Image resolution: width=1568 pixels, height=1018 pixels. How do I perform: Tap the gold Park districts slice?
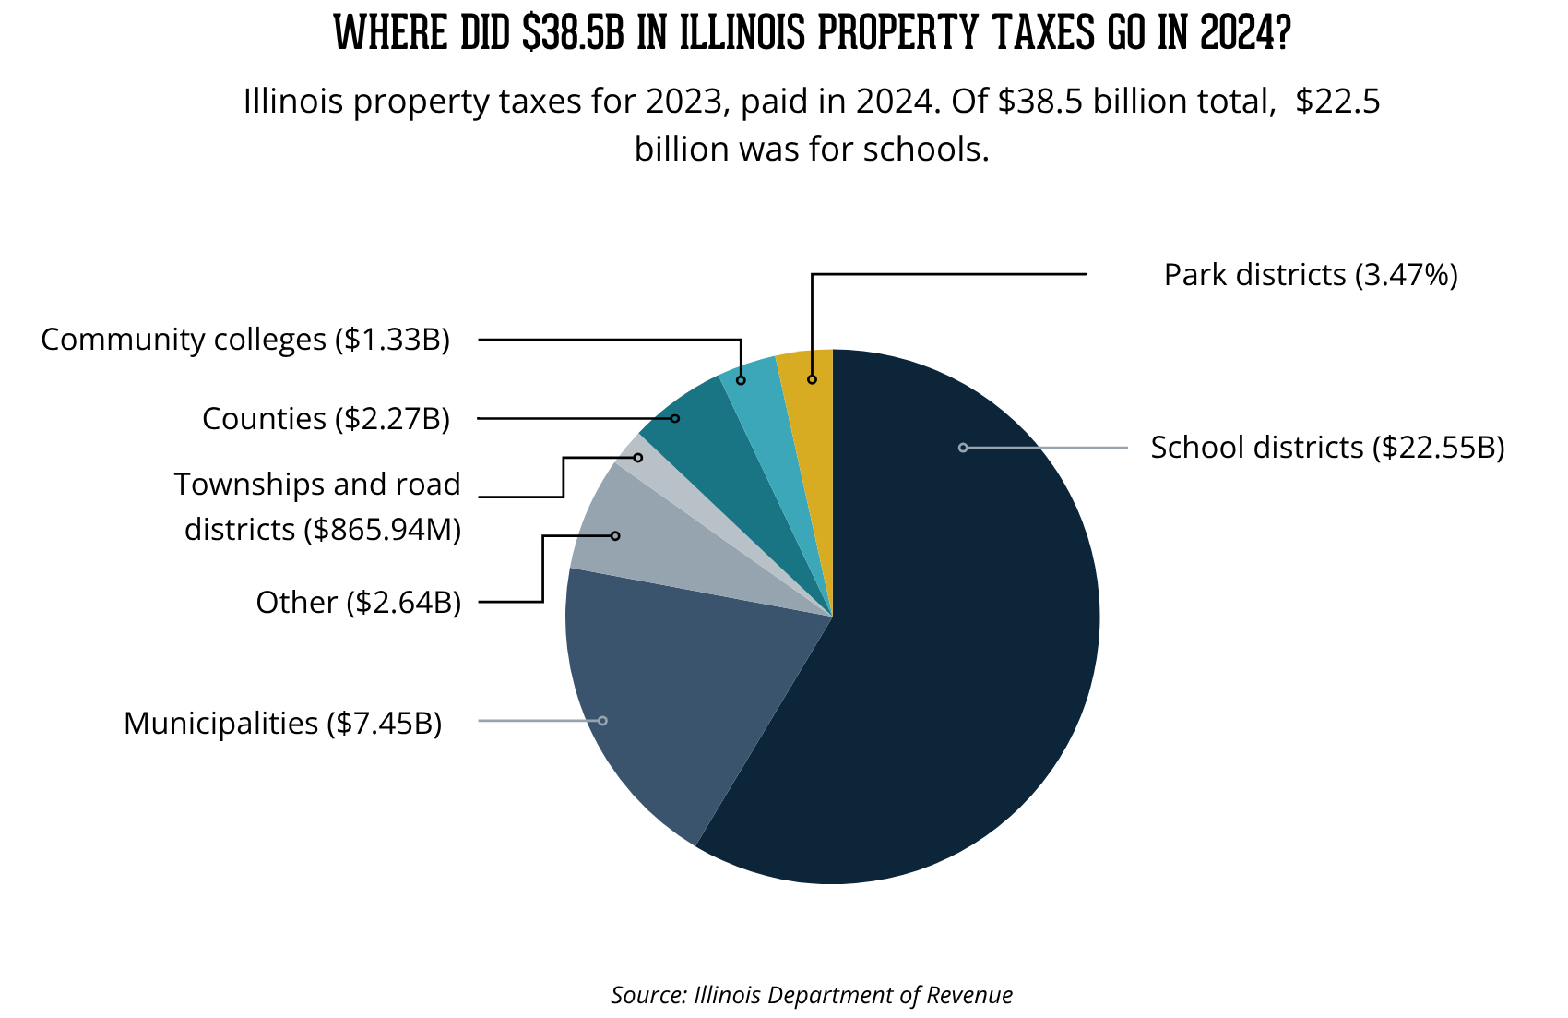808,406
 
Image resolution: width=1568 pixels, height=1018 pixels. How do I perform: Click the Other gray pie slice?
627,545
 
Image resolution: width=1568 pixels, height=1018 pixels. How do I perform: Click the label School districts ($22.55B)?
1327,448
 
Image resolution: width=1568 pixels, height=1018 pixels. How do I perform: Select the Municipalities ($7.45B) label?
283,723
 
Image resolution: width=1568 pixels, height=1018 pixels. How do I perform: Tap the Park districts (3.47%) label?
1311,275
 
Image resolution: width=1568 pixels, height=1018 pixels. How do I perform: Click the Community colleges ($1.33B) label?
245,340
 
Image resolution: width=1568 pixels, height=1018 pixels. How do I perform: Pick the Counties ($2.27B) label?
326,419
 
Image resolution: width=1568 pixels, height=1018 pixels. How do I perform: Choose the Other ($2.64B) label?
358,603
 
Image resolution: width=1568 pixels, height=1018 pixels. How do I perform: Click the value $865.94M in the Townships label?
387,530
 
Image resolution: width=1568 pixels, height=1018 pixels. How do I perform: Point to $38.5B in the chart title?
573,33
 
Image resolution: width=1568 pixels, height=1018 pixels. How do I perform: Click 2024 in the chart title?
1244,33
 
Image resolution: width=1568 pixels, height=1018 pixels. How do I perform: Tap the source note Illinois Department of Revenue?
852,995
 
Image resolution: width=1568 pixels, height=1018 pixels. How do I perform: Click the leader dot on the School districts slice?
963,448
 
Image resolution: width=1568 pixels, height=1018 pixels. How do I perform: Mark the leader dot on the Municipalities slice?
602,720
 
